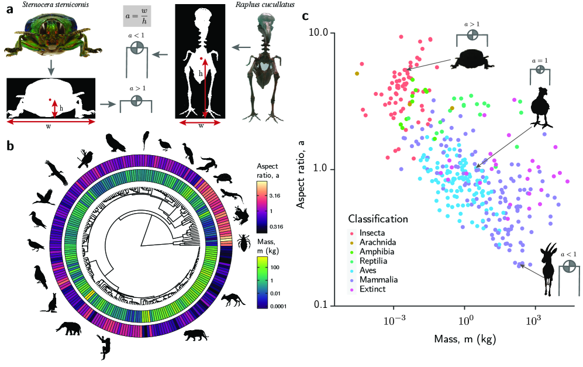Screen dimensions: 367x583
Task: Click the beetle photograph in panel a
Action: (50, 38)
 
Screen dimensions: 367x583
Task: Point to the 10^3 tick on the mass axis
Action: (534, 321)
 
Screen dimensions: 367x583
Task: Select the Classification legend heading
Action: (377, 219)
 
